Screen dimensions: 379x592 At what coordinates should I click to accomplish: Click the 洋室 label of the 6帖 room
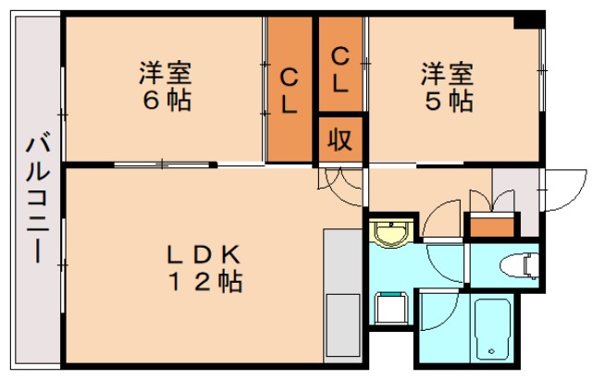[167, 72]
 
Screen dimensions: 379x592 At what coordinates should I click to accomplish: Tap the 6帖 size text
[167, 100]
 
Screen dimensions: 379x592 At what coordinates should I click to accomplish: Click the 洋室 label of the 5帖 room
[449, 72]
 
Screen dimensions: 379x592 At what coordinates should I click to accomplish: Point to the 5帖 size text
[449, 100]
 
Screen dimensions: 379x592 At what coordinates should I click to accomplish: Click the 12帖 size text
[203, 281]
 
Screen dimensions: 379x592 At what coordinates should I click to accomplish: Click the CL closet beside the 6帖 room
[290, 91]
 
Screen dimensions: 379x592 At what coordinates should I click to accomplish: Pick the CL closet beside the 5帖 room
[340, 69]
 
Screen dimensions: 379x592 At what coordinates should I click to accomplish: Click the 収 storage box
[340, 141]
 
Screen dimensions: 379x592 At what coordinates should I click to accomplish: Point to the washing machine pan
[392, 309]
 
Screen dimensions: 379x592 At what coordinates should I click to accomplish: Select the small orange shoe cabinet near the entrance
[492, 225]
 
